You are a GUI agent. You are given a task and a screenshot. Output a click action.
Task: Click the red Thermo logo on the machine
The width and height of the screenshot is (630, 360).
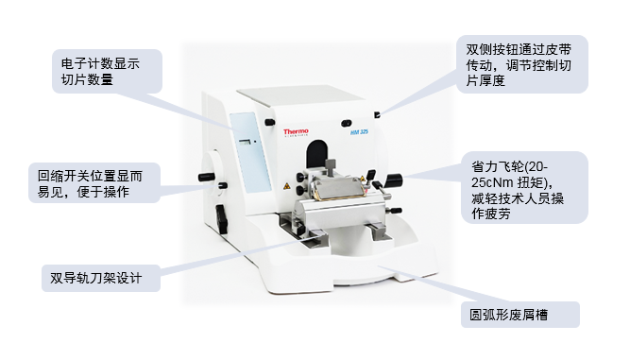click(296, 131)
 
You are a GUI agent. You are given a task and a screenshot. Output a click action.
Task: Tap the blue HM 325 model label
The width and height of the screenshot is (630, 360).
click(359, 131)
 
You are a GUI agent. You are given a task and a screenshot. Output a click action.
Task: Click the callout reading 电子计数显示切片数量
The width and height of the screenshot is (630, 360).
click(107, 72)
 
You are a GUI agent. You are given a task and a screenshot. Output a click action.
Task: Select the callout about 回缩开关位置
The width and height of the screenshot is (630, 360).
click(94, 183)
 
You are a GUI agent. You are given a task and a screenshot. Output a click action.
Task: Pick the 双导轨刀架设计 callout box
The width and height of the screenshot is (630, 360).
click(101, 278)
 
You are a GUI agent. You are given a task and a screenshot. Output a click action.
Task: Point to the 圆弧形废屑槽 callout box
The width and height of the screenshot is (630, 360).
click(519, 315)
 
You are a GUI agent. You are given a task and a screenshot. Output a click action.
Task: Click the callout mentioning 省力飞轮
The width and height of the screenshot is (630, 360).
click(524, 188)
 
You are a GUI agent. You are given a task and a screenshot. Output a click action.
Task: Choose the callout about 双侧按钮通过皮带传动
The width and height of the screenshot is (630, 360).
click(522, 64)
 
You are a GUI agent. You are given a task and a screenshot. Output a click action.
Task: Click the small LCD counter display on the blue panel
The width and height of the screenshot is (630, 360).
click(245, 142)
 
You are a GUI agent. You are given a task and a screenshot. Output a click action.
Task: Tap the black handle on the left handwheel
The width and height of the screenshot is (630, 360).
click(207, 177)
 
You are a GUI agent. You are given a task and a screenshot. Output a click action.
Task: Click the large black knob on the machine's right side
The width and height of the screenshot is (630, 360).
click(393, 180)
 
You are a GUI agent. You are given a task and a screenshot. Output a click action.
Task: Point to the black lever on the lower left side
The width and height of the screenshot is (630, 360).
click(221, 218)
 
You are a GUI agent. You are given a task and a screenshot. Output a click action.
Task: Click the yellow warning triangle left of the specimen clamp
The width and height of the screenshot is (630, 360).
click(286, 186)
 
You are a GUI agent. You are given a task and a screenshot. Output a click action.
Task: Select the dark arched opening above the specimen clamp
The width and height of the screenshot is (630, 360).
click(317, 153)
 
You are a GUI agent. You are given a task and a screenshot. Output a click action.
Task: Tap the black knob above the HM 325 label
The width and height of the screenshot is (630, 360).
click(346, 123)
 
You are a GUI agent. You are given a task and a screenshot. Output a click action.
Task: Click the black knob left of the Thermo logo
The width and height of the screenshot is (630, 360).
click(269, 122)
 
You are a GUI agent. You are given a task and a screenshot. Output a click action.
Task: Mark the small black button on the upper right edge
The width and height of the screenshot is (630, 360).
click(377, 115)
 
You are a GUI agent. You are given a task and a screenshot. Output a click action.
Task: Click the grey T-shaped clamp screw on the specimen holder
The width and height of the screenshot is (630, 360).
click(331, 166)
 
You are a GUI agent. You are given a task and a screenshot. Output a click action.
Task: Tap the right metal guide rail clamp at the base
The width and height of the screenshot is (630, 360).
click(379, 231)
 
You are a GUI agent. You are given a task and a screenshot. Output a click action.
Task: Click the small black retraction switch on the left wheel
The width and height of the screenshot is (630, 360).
click(223, 185)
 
